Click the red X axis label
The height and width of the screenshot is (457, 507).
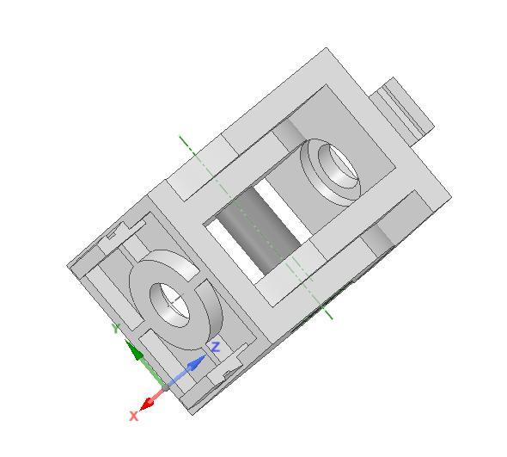tap(133, 416)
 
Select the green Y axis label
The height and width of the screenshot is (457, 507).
tap(115, 328)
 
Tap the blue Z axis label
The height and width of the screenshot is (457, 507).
tap(217, 347)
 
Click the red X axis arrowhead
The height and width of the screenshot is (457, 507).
tap(149, 402)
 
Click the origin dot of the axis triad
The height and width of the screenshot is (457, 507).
tap(165, 386)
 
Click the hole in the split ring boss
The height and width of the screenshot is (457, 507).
tap(173, 300)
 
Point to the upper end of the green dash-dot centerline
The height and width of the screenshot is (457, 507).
tap(180, 137)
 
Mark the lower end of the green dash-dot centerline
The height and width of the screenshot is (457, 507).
tap(331, 318)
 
